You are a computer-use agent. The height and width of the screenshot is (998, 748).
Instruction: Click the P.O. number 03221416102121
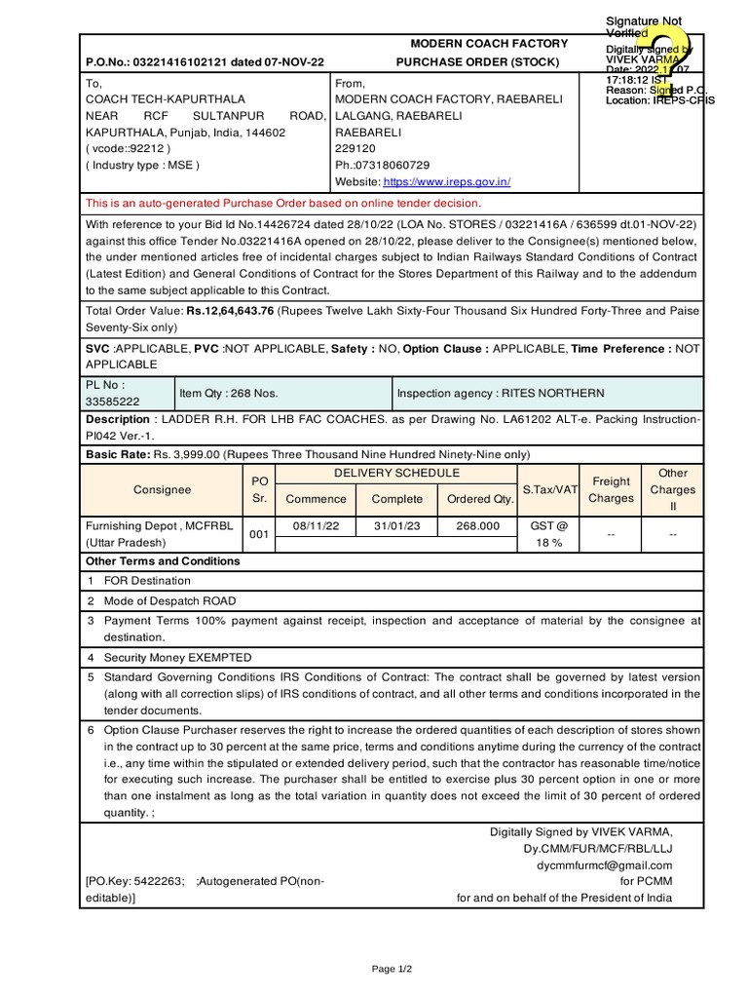[x=183, y=62]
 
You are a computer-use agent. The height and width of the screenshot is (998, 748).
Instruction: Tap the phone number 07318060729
[x=391, y=166]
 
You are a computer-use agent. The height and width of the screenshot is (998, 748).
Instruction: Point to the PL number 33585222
[x=112, y=401]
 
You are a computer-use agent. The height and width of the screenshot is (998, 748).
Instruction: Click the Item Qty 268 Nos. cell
[x=228, y=393]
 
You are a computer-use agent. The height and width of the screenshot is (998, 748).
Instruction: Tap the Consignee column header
[x=162, y=489]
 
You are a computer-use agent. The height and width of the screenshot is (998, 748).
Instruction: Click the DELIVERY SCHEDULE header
[x=396, y=473]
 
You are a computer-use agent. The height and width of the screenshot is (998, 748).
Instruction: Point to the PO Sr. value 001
[x=258, y=534]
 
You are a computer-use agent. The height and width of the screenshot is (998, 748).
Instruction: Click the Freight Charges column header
[x=612, y=489]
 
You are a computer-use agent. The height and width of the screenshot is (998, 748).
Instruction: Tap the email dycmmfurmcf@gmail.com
[x=618, y=864]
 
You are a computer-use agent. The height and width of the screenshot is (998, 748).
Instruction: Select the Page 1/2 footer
[x=393, y=969]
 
